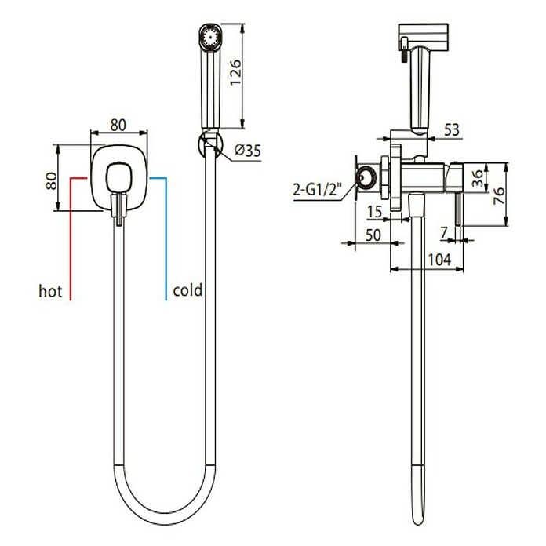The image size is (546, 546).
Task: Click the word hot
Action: pyautogui.click(x=50, y=291)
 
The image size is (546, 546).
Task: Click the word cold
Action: pyautogui.click(x=187, y=289)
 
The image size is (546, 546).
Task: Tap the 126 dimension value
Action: pyautogui.click(x=236, y=72)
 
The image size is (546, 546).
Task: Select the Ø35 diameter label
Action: pyautogui.click(x=248, y=151)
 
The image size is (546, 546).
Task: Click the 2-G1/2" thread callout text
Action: pyautogui.click(x=317, y=190)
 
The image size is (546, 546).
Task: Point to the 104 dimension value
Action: pyautogui.click(x=439, y=260)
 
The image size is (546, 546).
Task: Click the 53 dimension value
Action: pyautogui.click(x=452, y=129)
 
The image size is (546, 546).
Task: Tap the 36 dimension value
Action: pyautogui.click(x=479, y=177)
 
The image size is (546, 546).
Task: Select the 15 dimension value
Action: pyautogui.click(x=375, y=212)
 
